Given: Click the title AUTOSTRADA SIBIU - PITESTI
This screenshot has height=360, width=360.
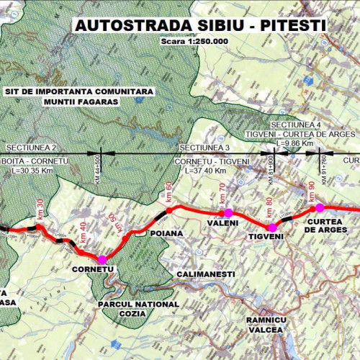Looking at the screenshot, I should [x=200, y=25].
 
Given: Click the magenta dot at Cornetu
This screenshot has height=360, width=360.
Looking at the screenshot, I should [x=102, y=259].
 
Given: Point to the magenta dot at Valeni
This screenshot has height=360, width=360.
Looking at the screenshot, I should [x=228, y=212].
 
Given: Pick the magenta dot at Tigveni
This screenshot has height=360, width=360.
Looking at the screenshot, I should [x=271, y=228].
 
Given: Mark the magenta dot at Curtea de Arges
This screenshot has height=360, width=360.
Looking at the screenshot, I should [x=320, y=207].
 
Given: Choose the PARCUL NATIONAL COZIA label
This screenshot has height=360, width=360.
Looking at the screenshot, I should [x=138, y=310].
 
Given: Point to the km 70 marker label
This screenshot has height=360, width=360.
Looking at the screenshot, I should [x=222, y=194].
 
